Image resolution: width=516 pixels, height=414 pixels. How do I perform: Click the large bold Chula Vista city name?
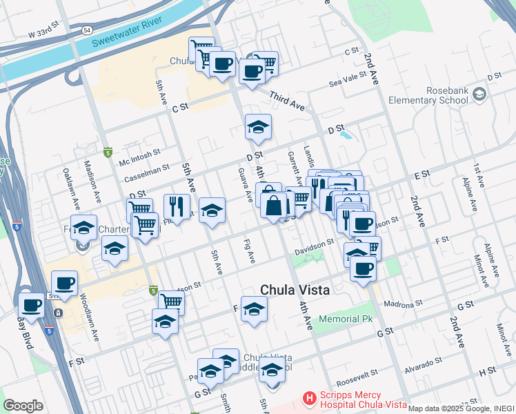[295, 290]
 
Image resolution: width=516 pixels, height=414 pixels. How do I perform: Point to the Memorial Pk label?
[346, 319]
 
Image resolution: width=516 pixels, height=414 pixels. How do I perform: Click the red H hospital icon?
[310, 399]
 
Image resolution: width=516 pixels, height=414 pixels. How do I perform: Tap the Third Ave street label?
[287, 101]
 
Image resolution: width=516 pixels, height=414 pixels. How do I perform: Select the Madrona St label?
[403, 304]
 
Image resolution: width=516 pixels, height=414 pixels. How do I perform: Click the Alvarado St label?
[423, 364]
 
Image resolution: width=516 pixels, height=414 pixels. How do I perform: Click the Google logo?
[23, 406]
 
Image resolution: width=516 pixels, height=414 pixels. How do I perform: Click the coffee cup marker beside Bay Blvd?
[31, 305]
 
